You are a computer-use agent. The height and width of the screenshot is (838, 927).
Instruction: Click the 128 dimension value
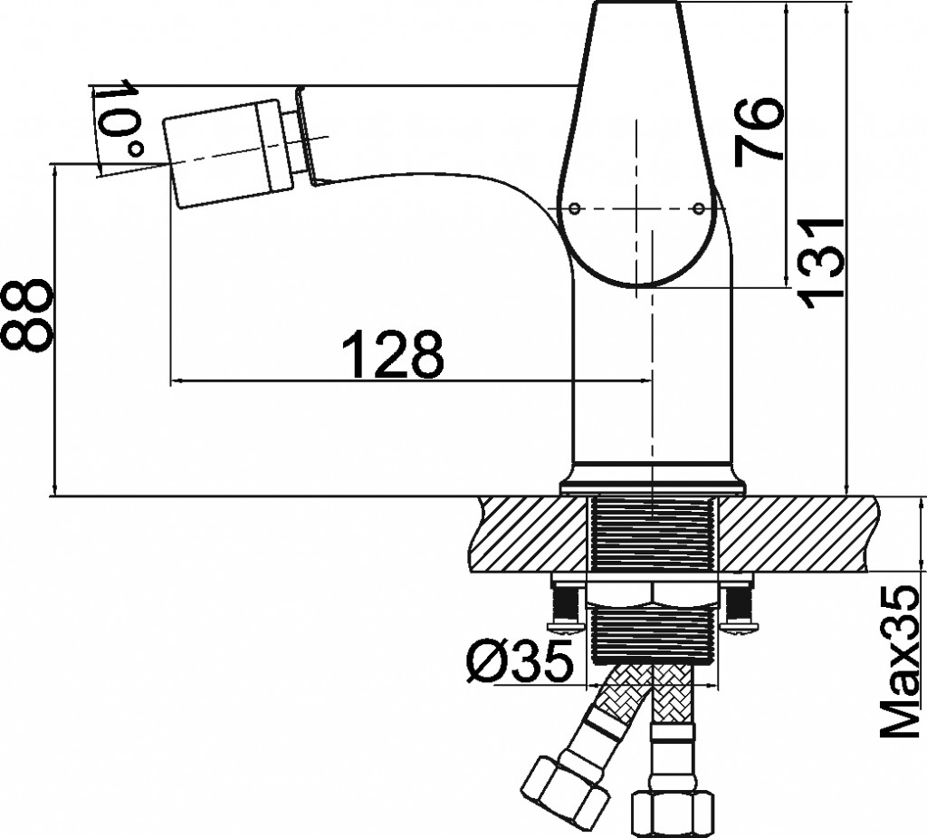click(x=394, y=354)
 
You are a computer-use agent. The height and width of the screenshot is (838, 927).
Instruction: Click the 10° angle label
click(x=119, y=118)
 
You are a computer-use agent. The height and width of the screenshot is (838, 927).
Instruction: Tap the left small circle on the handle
click(x=574, y=207)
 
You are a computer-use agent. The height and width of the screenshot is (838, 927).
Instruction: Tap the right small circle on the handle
click(x=699, y=207)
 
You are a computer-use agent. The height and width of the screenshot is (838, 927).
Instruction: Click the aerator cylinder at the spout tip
click(x=227, y=154)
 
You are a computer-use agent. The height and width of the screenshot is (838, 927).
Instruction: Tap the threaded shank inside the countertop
click(x=653, y=535)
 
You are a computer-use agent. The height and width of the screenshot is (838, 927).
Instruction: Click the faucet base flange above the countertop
click(x=653, y=478)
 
